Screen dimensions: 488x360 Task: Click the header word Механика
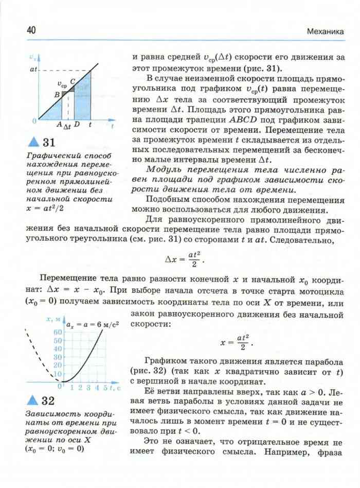pyautogui.click(x=326, y=31)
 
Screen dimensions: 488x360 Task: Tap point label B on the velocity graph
pyautogui.click(x=57, y=95)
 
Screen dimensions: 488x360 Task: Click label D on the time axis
pyautogui.click(x=76, y=125)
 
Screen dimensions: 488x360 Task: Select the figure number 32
pyautogui.click(x=48, y=400)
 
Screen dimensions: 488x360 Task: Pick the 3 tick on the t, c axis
pyautogui.click(x=88, y=388)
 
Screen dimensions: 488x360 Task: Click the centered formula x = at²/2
pyautogui.click(x=236, y=341)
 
